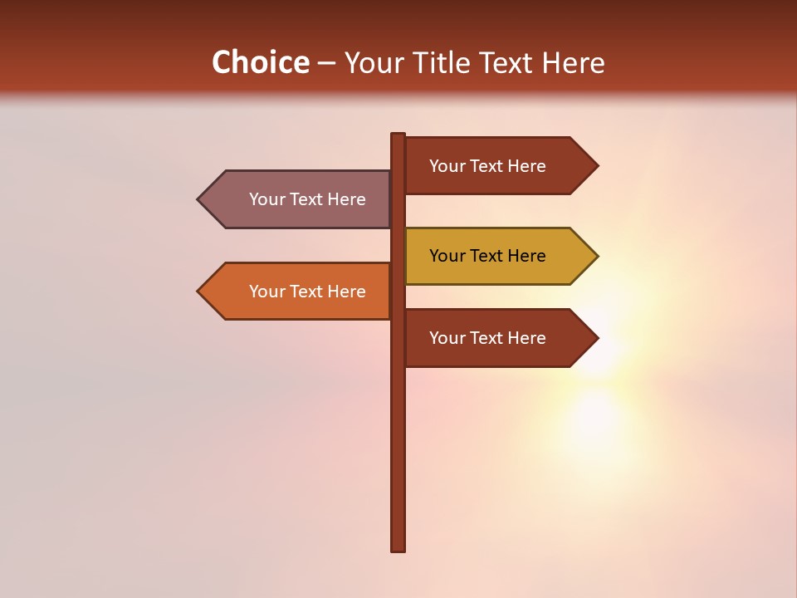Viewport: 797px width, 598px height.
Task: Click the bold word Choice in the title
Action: tap(260, 62)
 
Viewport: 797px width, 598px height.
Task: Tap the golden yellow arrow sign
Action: tap(498, 256)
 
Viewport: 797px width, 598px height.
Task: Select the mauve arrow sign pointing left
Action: tap(299, 199)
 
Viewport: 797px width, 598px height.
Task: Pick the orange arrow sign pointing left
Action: tap(299, 292)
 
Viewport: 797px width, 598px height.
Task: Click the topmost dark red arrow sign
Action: tap(498, 166)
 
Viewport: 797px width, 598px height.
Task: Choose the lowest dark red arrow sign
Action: tap(498, 338)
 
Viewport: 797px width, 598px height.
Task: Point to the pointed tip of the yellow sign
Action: tap(596, 256)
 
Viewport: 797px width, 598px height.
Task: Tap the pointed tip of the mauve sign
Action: tap(199, 199)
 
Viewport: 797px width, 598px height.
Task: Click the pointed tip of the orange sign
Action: tap(199, 292)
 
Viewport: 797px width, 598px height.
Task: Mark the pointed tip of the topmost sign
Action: tap(596, 166)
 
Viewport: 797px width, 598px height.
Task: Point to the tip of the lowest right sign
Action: tap(596, 338)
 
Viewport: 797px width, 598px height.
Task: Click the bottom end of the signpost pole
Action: tap(398, 548)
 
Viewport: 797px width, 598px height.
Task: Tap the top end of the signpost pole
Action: tap(398, 135)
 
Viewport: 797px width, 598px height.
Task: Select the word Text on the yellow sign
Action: tap(487, 256)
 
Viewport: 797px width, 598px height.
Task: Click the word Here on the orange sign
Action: tap(346, 292)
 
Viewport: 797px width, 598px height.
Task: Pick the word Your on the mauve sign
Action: tap(266, 199)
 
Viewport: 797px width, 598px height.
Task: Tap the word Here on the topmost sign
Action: tap(526, 166)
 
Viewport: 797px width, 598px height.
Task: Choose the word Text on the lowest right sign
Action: tap(487, 338)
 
